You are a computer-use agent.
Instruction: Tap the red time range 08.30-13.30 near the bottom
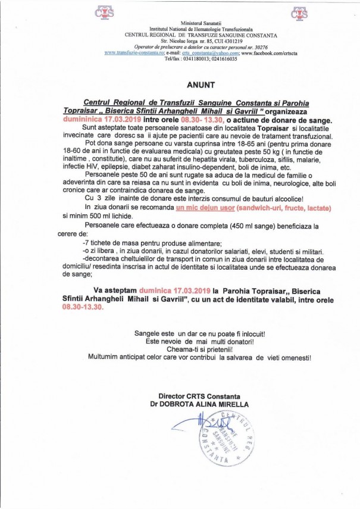[x=83, y=309]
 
